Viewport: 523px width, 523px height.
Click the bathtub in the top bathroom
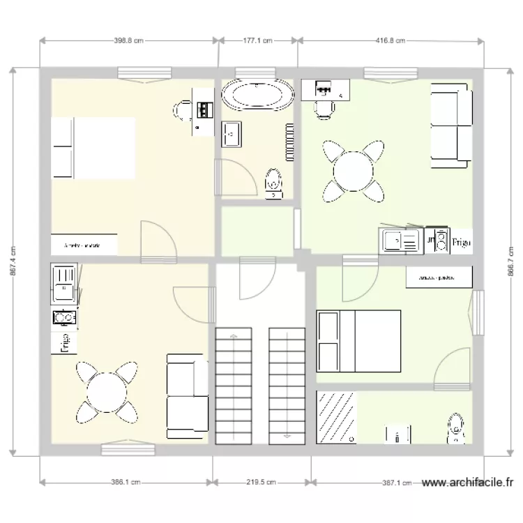pyautogui.click(x=257, y=96)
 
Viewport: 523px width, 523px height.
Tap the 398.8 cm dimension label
pyautogui.click(x=128, y=40)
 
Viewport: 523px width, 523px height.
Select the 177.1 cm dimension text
pyautogui.click(x=258, y=40)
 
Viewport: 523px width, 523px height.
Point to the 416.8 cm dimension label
pyautogui.click(x=391, y=40)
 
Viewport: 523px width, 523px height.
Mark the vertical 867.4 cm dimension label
pyautogui.click(x=13, y=262)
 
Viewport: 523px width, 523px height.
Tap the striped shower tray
pyautogui.click(x=338, y=417)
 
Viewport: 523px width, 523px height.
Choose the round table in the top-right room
pyautogui.click(x=354, y=171)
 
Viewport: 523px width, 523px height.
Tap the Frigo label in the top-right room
pyautogui.click(x=461, y=243)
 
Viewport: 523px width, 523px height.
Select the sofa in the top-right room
pyautogui.click(x=450, y=126)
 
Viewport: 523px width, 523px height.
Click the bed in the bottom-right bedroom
pyautogui.click(x=358, y=341)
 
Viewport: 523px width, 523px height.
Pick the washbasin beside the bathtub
pyautogui.click(x=232, y=133)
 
